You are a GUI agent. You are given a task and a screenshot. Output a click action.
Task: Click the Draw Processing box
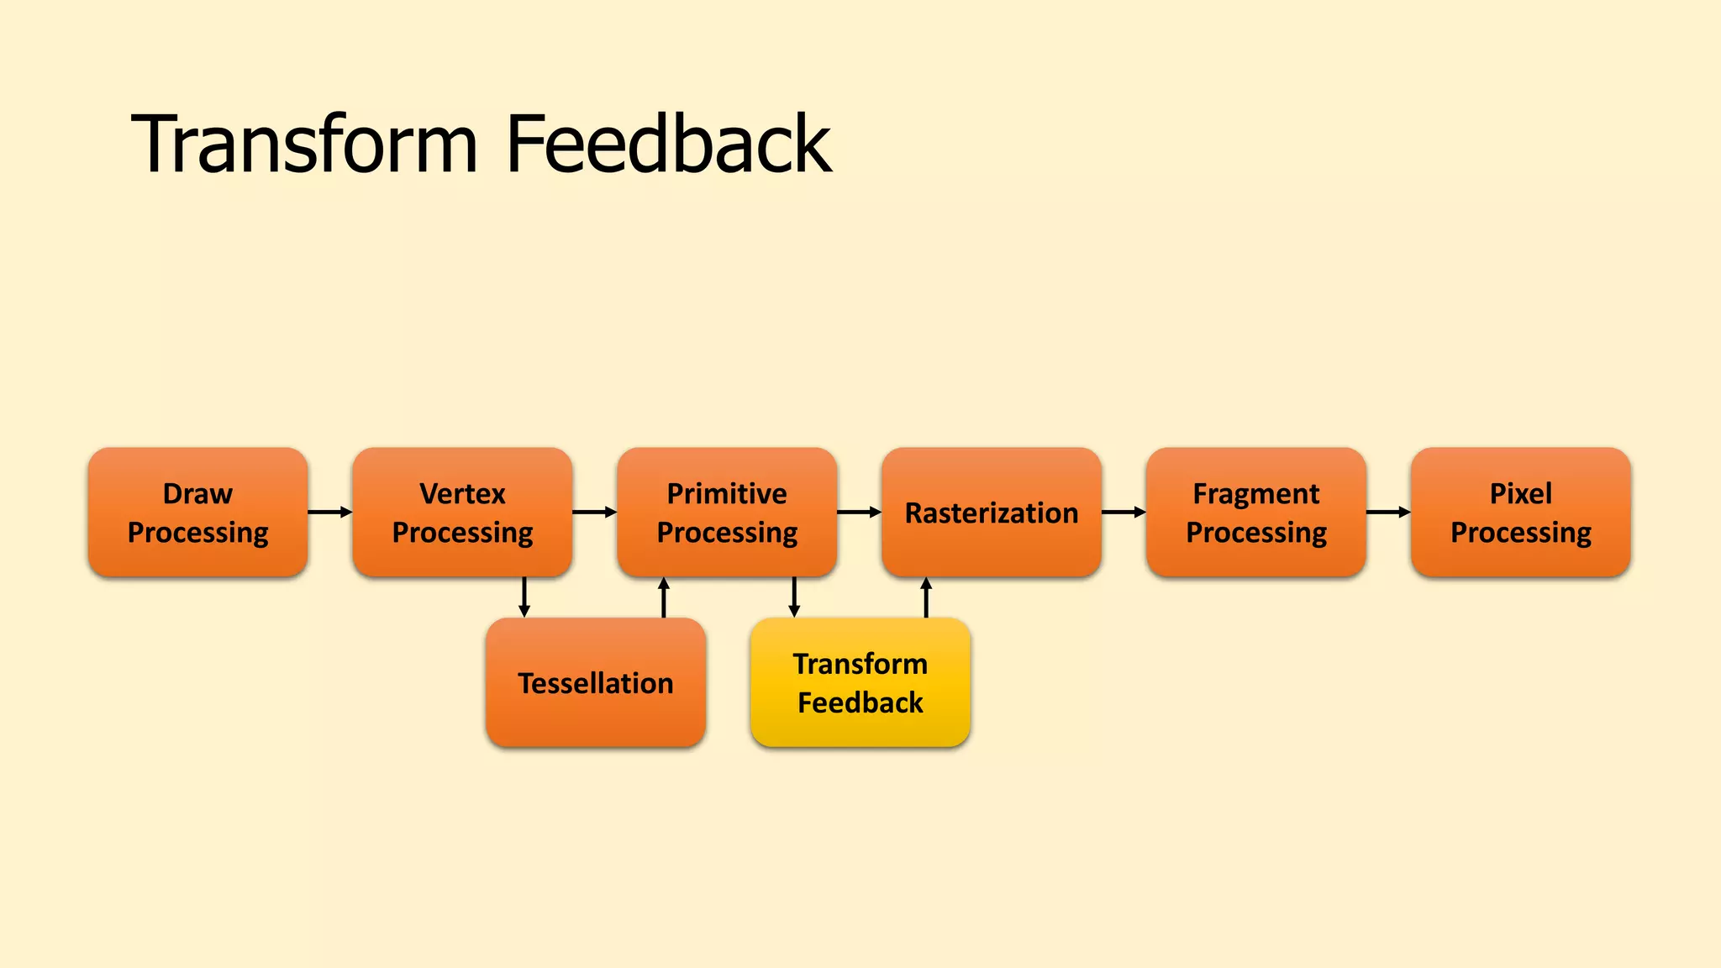(x=197, y=512)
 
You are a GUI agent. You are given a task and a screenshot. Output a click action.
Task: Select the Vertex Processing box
(x=462, y=512)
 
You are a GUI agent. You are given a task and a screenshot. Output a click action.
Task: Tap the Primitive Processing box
(x=727, y=512)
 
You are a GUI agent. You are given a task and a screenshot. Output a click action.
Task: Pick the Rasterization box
(x=992, y=512)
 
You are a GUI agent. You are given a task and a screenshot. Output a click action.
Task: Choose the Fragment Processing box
(x=1256, y=512)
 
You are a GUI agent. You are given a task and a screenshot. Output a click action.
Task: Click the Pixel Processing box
(x=1521, y=512)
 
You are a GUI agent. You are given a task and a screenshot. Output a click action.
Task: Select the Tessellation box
(x=596, y=682)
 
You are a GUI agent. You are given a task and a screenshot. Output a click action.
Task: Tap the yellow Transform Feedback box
(x=860, y=682)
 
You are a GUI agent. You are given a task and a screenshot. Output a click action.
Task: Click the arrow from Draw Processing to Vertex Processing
(x=329, y=512)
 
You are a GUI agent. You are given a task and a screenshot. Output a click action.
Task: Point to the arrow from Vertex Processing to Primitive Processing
(x=594, y=512)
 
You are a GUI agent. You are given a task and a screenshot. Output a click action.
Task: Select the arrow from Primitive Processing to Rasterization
(x=859, y=512)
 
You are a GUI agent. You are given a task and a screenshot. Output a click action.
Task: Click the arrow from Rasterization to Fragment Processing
(x=1124, y=512)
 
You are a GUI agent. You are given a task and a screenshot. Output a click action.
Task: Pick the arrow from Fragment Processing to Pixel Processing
(x=1388, y=512)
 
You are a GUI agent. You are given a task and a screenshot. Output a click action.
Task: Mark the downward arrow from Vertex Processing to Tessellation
(x=524, y=597)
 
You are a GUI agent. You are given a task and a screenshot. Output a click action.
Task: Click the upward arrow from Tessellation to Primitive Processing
(x=664, y=597)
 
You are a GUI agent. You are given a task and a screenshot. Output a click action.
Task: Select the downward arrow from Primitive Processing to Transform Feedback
(x=794, y=597)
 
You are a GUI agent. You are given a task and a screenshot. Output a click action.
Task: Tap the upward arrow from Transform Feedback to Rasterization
(x=926, y=597)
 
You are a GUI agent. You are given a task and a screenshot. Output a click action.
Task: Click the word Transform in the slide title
(x=305, y=145)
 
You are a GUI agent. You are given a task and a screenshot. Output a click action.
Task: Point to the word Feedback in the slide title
(x=669, y=145)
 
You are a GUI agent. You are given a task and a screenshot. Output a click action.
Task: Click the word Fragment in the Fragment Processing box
(x=1256, y=493)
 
